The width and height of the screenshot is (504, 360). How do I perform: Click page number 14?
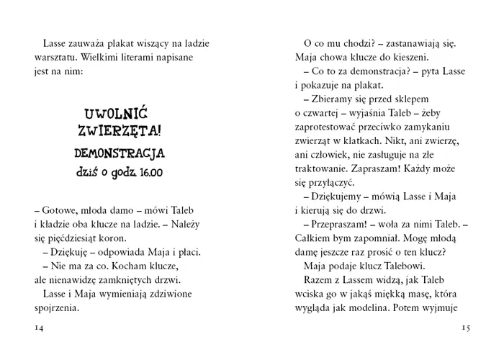[x=40, y=328]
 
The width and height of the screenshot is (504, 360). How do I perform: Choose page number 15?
[x=465, y=328]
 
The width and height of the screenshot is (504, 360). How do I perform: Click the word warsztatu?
[x=55, y=57]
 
